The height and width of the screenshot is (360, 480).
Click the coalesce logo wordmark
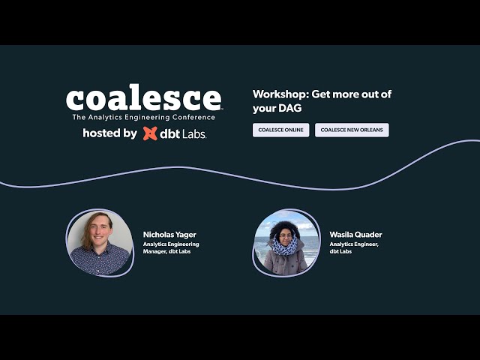coord(143,100)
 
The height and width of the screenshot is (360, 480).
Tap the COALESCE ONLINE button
coord(280,130)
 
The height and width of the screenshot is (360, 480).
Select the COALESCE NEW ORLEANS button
coord(352,130)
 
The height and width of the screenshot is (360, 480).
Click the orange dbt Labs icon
coord(150,133)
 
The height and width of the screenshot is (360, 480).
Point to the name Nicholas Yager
coord(169,235)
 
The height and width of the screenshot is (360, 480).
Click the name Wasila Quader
coord(355,235)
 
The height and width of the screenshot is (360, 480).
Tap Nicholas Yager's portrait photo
coord(100,243)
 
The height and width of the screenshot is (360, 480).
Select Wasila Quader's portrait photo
coord(286,243)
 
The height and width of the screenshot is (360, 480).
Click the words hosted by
coord(109,133)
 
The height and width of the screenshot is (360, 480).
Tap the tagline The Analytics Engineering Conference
coord(143,117)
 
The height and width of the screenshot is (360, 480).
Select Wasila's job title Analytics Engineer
coord(354,244)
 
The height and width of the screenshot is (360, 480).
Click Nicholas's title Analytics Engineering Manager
coord(171,247)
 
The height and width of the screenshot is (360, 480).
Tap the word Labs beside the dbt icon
coord(193,134)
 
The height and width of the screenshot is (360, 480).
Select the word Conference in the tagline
coord(196,117)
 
